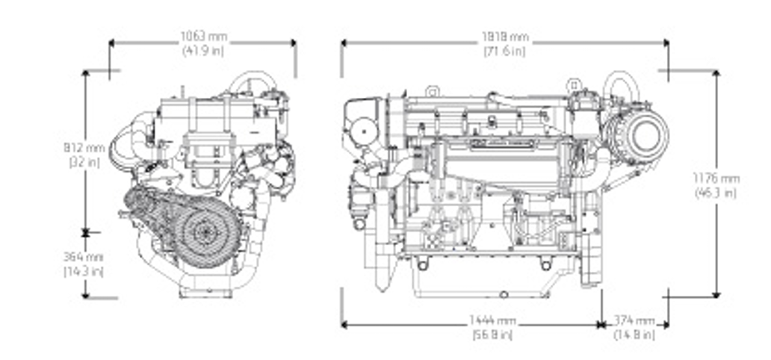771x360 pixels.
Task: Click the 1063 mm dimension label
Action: coord(203,37)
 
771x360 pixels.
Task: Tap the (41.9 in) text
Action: coord(203,51)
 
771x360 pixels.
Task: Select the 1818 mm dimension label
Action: coord(504,37)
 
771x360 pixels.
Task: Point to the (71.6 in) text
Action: coord(504,51)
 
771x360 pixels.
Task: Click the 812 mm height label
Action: coord(84,147)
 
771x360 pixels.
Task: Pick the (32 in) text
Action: coord(84,161)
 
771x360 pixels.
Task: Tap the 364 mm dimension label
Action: coord(84,256)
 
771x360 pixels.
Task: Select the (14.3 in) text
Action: coord(84,270)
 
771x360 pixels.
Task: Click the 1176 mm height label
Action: coord(715,179)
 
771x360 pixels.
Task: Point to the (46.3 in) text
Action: coord(715,193)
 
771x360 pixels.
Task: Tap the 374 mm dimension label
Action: coord(634,320)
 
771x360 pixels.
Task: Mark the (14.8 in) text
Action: coord(634,335)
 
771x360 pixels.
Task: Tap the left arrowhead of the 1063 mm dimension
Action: coord(113,43)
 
